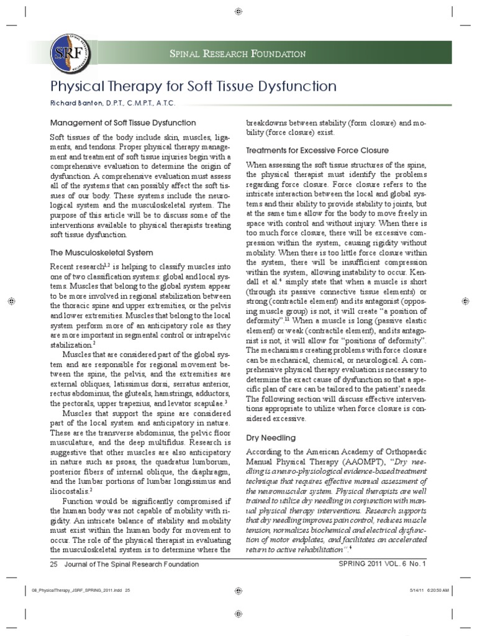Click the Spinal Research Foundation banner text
point(238,54)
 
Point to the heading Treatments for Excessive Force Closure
point(317,150)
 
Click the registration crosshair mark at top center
point(238,12)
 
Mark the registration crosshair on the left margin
point(11,301)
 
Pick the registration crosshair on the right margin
point(466,301)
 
